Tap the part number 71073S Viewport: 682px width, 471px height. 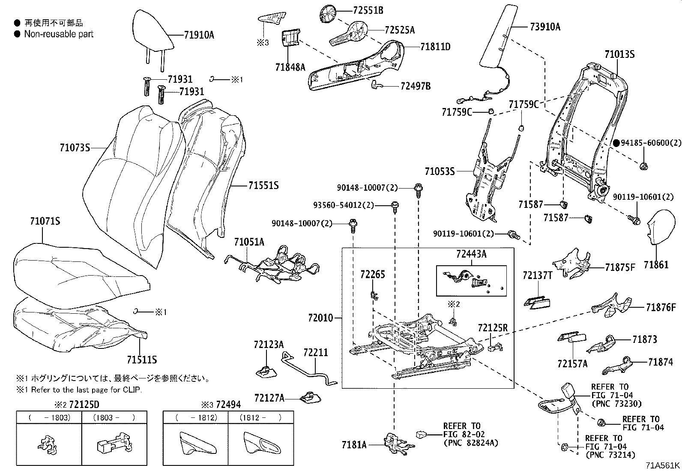[x=75, y=148]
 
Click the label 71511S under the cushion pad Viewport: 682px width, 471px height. [x=142, y=359]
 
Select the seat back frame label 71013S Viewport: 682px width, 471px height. [x=619, y=54]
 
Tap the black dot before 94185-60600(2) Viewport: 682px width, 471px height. [x=616, y=143]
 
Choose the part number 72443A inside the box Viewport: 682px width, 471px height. [x=471, y=255]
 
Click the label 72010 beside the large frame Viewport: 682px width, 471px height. [x=320, y=318]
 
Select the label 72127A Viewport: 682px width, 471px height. [x=269, y=398]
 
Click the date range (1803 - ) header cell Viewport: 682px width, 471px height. [x=114, y=417]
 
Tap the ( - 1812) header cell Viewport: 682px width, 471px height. [x=196, y=417]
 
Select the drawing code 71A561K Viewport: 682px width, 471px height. [x=663, y=465]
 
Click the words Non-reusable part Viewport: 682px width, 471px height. [x=59, y=34]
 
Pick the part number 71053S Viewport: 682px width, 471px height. [x=440, y=171]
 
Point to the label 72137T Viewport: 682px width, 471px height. [x=537, y=275]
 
